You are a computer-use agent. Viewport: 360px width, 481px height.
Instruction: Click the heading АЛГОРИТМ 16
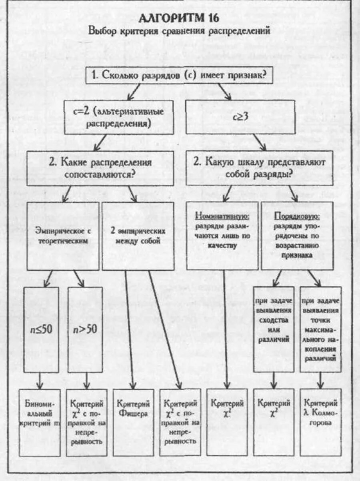[179, 19]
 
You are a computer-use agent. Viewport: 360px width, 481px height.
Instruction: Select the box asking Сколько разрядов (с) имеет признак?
[179, 75]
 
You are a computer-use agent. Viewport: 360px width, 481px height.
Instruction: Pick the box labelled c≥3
[241, 117]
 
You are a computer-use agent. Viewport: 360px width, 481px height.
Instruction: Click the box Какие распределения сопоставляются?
[100, 168]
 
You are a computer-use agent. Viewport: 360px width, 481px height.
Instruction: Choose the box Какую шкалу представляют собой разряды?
[260, 168]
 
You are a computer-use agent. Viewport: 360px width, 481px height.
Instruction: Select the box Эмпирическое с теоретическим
[63, 236]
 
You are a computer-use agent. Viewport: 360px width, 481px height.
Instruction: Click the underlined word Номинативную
[222, 217]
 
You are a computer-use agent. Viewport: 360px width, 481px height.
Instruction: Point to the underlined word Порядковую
[297, 217]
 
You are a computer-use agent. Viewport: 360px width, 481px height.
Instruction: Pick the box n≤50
[41, 330]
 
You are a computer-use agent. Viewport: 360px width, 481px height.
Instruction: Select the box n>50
[85, 330]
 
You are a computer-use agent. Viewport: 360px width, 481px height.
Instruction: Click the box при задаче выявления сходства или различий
[274, 329]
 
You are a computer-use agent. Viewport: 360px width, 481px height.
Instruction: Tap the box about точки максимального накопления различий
[320, 329]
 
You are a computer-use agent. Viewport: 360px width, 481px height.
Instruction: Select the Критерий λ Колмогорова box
[321, 422]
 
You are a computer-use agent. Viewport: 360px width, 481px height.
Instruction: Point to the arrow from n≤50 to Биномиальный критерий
[40, 380]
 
